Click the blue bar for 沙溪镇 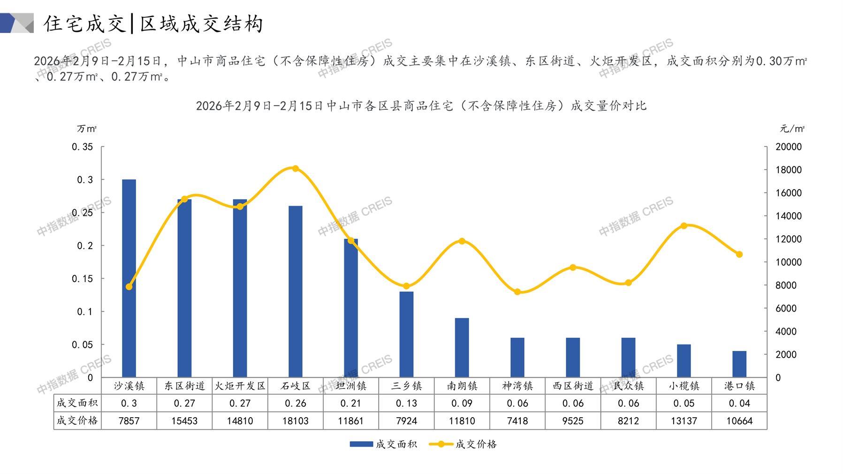(x=129, y=278)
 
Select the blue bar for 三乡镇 (x=406, y=334)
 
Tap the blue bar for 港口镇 (x=739, y=364)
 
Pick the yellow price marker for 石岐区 (x=296, y=168)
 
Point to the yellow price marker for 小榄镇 (x=684, y=226)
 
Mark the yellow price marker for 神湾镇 (x=517, y=292)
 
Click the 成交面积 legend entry (x=383, y=444)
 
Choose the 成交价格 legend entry (x=463, y=444)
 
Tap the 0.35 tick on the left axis (x=83, y=147)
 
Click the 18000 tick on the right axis (x=789, y=170)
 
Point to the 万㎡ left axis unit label (x=87, y=129)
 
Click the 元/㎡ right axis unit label (x=792, y=129)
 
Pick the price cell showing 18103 (x=296, y=421)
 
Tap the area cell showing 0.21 (x=351, y=403)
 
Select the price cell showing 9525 (x=573, y=421)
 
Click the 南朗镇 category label (x=462, y=386)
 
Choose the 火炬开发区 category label (x=240, y=386)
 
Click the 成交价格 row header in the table (x=77, y=420)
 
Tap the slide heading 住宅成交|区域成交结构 (x=153, y=23)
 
